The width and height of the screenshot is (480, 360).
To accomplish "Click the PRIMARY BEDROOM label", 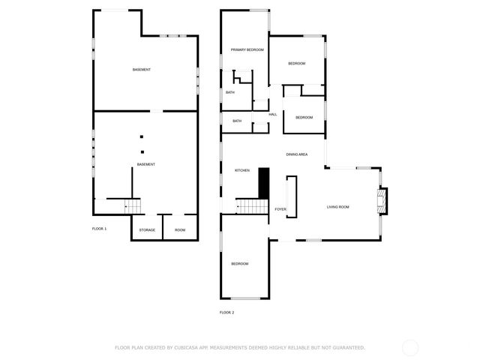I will coord(247,49).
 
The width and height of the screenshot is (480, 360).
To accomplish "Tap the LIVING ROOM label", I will coord(338,207).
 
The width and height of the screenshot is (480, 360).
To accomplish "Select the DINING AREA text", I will coord(297,154).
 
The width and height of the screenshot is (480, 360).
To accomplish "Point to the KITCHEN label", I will coord(242,171).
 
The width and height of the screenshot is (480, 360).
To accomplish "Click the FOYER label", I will coord(280,209).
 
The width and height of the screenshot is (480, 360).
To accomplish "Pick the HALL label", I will coord(273,114).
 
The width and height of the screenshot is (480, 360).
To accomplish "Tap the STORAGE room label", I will coord(147,229).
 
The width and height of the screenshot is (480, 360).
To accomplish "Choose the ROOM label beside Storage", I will coord(180,229).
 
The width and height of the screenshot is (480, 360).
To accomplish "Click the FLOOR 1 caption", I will coord(100,228).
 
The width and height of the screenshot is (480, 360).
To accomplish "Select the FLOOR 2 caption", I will coord(227,312).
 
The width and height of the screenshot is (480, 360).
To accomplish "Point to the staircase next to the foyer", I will coord(253,206).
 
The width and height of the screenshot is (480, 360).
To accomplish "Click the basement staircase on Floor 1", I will coord(132,205).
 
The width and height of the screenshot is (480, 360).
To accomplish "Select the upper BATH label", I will coord(230,92).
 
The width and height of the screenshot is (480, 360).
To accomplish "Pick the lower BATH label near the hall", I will coord(237,121).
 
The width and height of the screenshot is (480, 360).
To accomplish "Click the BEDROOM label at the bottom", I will coord(240,263).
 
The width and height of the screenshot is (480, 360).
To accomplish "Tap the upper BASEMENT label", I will coord(142,70).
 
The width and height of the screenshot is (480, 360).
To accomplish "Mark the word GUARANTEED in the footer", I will coord(343,347).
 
